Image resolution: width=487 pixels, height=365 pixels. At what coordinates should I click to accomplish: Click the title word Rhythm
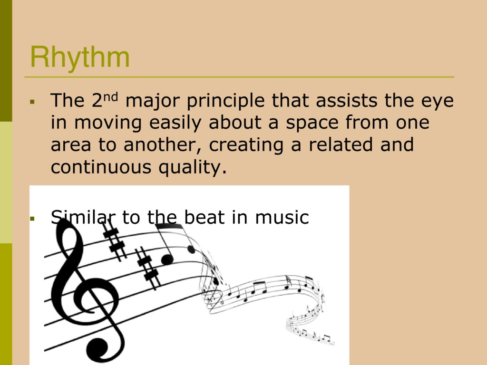pos(80,58)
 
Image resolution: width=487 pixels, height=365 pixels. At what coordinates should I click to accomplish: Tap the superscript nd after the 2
pos(110,96)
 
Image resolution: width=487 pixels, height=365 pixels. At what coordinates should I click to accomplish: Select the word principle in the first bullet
pos(226,101)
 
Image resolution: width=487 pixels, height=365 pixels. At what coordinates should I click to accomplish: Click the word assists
pos(347,100)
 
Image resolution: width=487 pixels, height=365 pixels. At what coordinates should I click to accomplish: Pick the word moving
pos(108,123)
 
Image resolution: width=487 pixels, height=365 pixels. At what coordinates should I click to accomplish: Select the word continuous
pos(101,167)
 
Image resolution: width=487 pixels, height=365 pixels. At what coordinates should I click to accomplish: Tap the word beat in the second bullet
pos(204,217)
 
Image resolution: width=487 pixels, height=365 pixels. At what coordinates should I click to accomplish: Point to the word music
pos(282,217)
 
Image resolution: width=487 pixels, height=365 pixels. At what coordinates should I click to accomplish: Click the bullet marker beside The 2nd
pos(32,102)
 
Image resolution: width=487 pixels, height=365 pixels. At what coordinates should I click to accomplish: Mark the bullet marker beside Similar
pos(32,219)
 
